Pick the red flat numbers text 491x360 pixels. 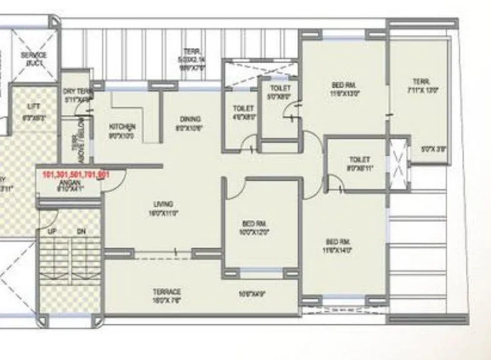[x=76, y=175]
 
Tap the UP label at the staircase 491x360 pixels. [x=52, y=231]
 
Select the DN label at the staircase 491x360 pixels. [x=81, y=231]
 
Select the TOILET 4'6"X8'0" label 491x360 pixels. [x=242, y=112]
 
